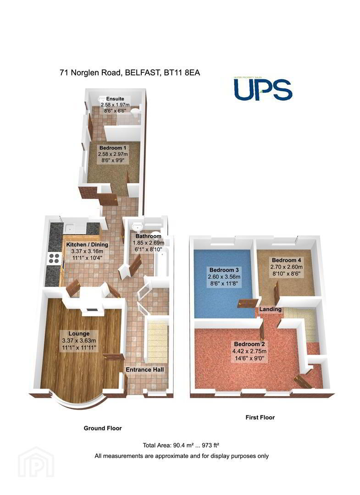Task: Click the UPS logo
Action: tap(263, 89)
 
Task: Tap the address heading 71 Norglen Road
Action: tap(130, 72)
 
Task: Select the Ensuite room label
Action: tap(115, 99)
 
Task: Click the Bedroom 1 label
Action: tap(113, 148)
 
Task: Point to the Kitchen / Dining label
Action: tap(87, 245)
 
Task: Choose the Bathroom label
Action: tap(149, 236)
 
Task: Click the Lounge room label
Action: tap(79, 334)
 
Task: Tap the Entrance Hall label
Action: tap(145, 370)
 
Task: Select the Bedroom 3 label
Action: tap(224, 270)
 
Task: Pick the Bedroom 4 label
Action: tap(287, 260)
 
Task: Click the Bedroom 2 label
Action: tap(249, 344)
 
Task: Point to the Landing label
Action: tap(270, 309)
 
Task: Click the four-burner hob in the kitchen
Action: tap(54, 258)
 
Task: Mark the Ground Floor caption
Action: tap(103, 429)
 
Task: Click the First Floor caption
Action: tap(260, 418)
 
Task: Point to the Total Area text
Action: tap(181, 445)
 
